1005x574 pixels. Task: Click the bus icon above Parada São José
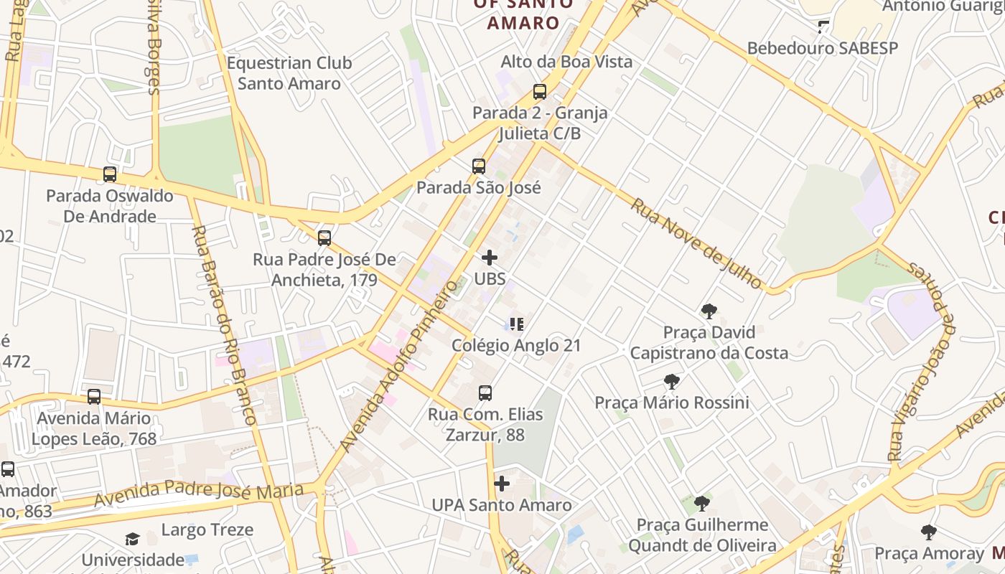click(479, 166)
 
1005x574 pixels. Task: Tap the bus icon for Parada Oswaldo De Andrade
click(110, 174)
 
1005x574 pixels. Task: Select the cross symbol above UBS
click(490, 258)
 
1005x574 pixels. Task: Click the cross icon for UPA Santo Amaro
click(502, 484)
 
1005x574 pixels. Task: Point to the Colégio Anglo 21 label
click(516, 345)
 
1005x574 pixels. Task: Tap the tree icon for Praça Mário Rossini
click(672, 382)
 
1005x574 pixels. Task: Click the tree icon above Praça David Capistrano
click(709, 311)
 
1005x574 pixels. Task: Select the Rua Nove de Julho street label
click(696, 244)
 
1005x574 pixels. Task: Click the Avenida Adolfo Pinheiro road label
click(399, 366)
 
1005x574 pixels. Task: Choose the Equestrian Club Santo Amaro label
click(289, 73)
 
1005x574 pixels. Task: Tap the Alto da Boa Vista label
click(567, 62)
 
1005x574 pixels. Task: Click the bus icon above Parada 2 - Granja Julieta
click(540, 92)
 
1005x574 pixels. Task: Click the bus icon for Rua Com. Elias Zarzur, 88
click(485, 393)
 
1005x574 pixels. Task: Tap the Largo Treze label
click(207, 530)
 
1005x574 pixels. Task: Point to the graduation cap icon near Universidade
click(132, 539)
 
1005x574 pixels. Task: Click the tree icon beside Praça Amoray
click(929, 532)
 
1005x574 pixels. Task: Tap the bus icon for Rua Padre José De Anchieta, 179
click(324, 238)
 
